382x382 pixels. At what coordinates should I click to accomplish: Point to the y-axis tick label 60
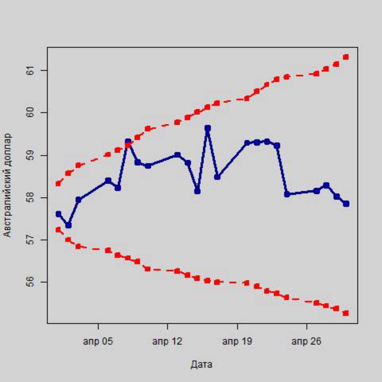(29, 113)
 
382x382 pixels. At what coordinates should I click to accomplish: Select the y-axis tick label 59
(29, 155)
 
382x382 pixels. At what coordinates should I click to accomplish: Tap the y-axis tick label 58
(29, 198)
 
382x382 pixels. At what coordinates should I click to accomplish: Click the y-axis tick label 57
(29, 240)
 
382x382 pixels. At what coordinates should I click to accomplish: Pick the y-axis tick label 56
(29, 282)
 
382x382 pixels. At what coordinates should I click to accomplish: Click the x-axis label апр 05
(98, 342)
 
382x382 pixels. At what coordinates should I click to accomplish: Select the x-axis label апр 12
(167, 342)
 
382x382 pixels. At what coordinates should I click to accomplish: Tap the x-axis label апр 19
(237, 342)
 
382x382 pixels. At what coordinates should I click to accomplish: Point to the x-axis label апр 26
(307, 342)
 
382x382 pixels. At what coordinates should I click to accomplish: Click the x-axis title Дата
(202, 364)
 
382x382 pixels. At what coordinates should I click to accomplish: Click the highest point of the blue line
(208, 128)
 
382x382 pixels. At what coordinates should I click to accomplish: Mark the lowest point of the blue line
(68, 225)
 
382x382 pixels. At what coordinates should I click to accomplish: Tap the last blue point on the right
(346, 204)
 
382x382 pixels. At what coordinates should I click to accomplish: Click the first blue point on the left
(58, 214)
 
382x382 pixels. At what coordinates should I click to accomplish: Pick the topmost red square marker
(346, 57)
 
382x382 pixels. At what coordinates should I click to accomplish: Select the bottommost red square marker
(346, 313)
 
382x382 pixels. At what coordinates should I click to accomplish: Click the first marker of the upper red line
(58, 184)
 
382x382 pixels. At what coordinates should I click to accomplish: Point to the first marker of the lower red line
(58, 230)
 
